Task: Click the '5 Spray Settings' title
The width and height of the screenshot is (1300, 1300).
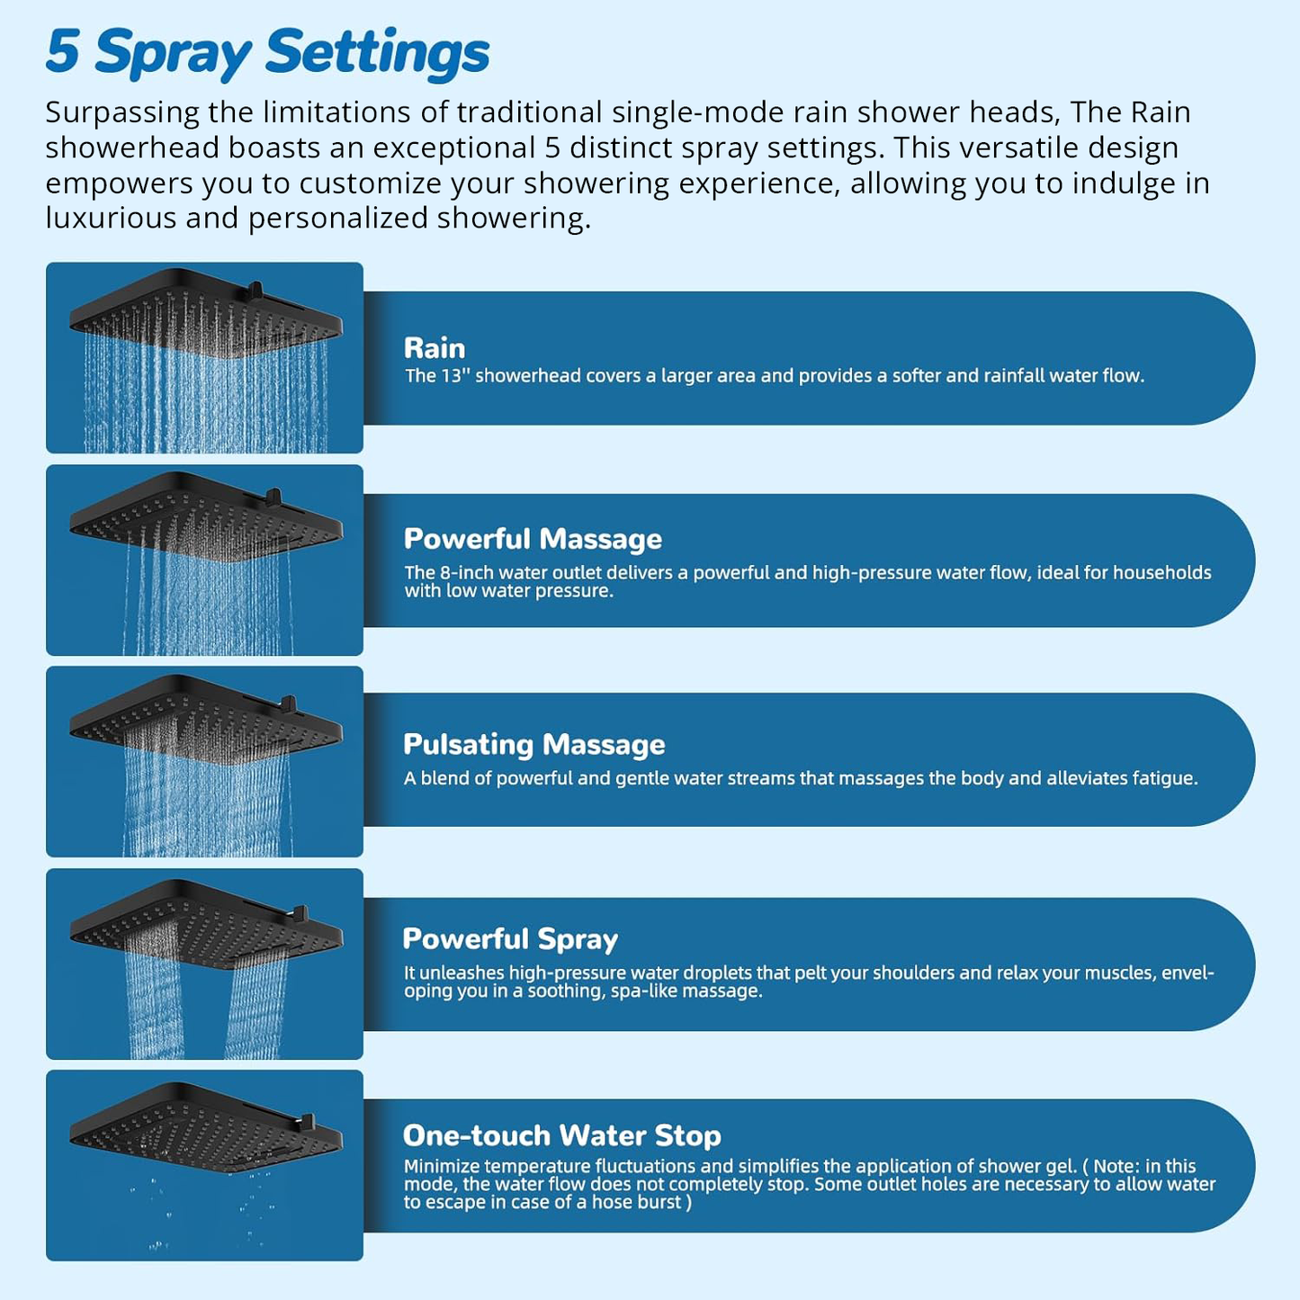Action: tap(267, 52)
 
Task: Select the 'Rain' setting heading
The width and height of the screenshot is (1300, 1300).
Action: tap(435, 348)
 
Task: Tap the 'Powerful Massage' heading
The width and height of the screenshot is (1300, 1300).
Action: tap(533, 539)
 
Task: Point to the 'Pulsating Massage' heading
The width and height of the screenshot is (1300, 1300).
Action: tap(533, 744)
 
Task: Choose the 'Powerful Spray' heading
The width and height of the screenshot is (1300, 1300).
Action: tap(510, 938)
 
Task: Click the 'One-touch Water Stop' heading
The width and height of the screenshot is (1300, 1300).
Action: tap(561, 1135)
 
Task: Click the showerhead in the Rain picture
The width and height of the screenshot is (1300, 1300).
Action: tap(205, 311)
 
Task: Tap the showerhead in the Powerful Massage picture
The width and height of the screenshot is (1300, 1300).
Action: tap(205, 515)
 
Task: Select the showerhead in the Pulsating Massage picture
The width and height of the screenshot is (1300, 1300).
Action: tap(205, 717)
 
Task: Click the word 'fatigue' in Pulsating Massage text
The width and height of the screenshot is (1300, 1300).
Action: tap(1165, 778)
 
